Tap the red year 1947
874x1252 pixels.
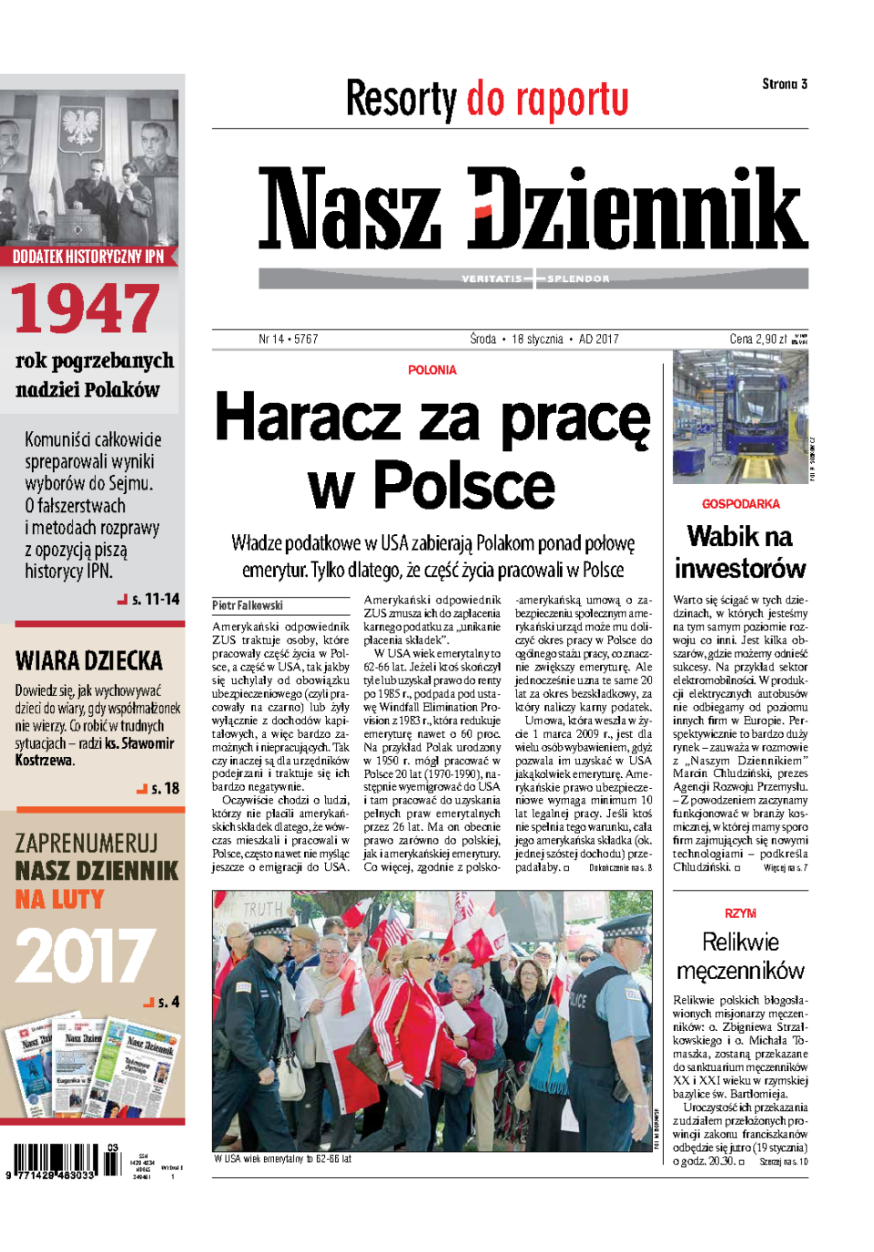pyautogui.click(x=86, y=308)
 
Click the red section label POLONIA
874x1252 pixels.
pyautogui.click(x=432, y=370)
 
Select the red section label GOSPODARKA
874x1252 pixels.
pyautogui.click(x=740, y=504)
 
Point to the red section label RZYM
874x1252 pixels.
pyautogui.click(x=740, y=913)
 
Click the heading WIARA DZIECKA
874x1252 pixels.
pyautogui.click(x=89, y=661)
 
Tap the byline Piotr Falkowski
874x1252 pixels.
pyautogui.click(x=248, y=605)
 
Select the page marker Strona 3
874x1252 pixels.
pyautogui.click(x=784, y=84)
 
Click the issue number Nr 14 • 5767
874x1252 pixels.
pyautogui.click(x=288, y=338)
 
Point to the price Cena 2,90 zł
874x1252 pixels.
pyautogui.click(x=758, y=338)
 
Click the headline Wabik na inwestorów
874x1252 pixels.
pyautogui.click(x=740, y=552)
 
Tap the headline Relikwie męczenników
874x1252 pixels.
pyautogui.click(x=740, y=955)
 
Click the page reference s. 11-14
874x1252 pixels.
pyautogui.click(x=155, y=599)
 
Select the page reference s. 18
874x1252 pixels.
pyautogui.click(x=164, y=788)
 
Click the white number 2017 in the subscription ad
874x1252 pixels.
pyautogui.click(x=84, y=955)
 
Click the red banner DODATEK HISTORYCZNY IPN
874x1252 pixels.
pyautogui.click(x=88, y=257)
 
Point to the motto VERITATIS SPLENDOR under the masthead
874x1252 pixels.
pyautogui.click(x=534, y=278)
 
